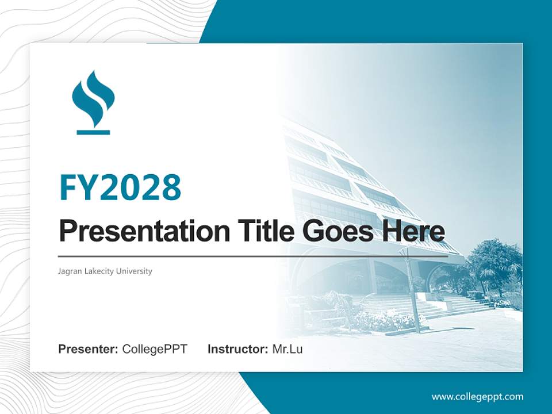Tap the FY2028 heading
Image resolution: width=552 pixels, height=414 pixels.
120,187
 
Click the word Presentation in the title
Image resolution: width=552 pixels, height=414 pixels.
136,231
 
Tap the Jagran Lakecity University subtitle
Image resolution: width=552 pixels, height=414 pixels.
105,271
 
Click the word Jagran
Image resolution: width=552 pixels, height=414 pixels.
70,271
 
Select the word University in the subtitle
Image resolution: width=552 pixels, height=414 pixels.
133,271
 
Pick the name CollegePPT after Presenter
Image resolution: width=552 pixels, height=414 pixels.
155,348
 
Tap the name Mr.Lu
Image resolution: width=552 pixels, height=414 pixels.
287,348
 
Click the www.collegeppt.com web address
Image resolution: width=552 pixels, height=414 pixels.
477,396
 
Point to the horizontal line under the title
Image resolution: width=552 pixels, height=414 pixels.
253,256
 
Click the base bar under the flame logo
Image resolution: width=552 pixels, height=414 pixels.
93,132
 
